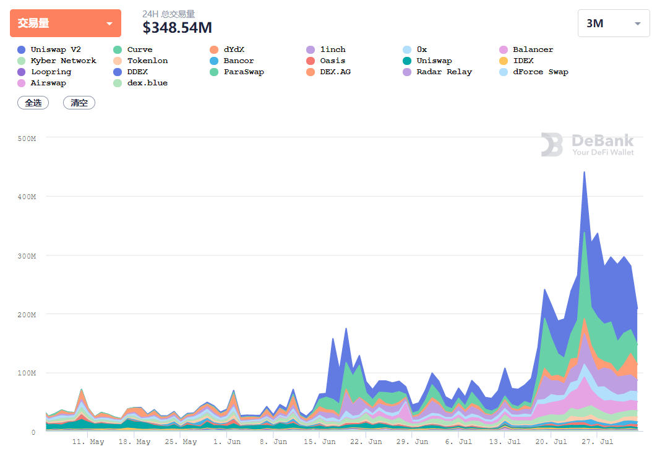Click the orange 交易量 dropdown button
point(66,23)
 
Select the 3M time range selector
point(613,23)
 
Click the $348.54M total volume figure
point(177,27)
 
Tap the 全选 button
point(33,103)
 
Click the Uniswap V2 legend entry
point(49,49)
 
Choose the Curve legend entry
point(133,49)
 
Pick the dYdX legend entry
point(227,49)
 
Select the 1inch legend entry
point(326,49)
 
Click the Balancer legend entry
point(526,49)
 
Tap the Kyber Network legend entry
point(56,61)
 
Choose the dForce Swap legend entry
point(534,72)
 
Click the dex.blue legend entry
point(140,83)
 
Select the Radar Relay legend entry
point(437,72)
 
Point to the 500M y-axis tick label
point(27,139)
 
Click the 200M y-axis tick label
point(27,315)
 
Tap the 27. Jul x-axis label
point(597,442)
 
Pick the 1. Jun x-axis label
point(227,442)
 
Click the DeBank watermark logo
point(588,144)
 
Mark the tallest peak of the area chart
point(584,172)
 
